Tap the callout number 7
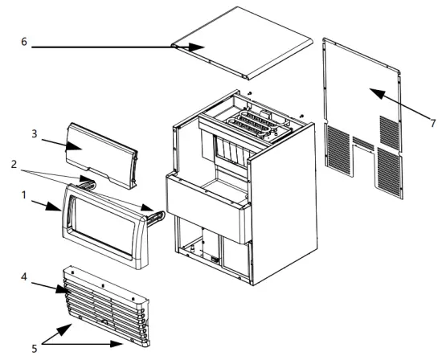pos(432,122)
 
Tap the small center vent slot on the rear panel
pos(363,143)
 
